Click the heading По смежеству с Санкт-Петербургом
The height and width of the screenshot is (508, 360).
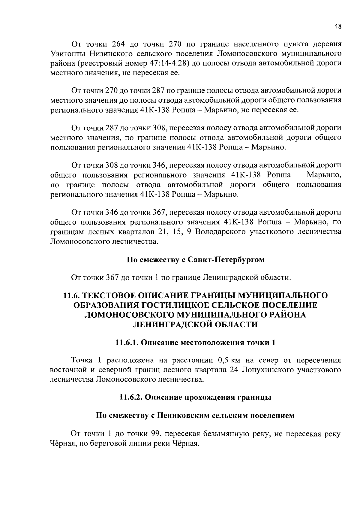(196, 259)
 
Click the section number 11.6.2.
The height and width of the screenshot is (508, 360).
(130, 397)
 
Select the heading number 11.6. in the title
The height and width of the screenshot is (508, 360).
(72, 295)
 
